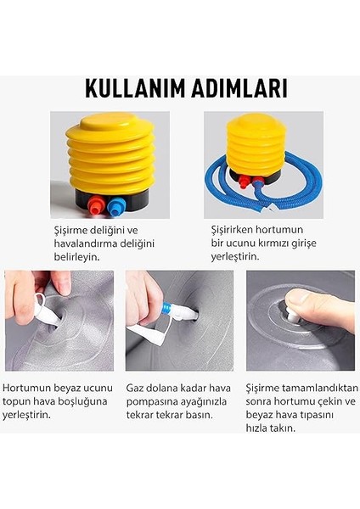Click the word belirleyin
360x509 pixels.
coord(74,257)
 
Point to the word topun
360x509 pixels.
coord(18,402)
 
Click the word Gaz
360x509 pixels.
coord(135,388)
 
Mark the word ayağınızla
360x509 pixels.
coord(205,402)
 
